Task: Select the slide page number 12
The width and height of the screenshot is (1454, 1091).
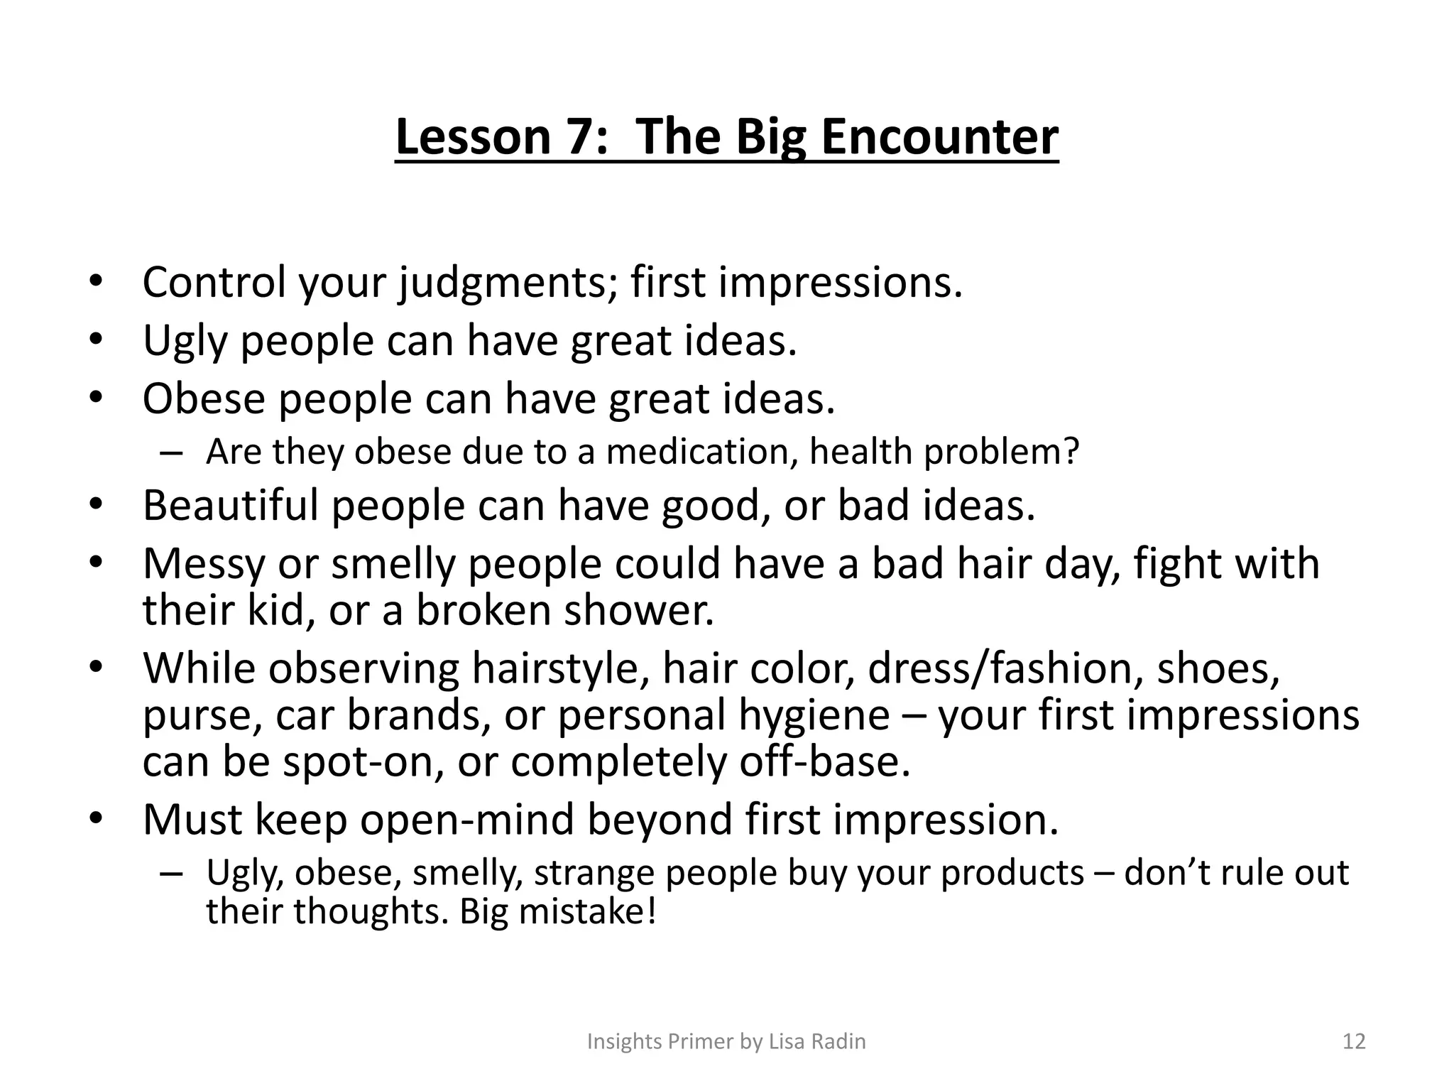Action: (1354, 1041)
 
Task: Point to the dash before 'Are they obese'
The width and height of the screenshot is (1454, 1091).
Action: (171, 453)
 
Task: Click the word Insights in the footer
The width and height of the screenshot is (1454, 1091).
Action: (625, 1041)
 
